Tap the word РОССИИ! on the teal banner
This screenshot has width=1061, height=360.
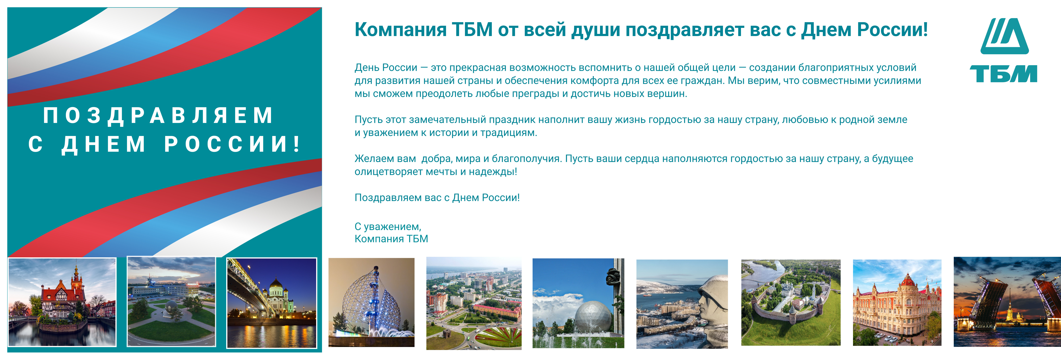(233, 144)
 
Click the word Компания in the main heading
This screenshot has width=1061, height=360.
(400, 30)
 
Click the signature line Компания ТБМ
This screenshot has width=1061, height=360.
(391, 239)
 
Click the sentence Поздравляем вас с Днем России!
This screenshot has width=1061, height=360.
(437, 198)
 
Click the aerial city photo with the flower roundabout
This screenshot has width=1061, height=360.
(474, 304)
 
